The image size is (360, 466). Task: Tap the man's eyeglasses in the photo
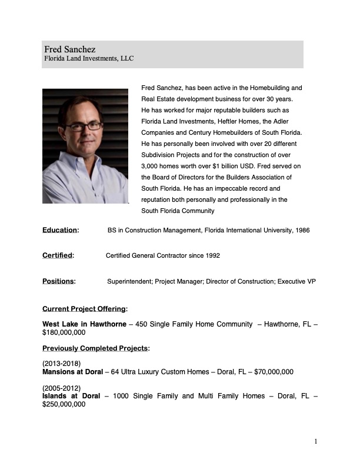pyautogui.click(x=83, y=125)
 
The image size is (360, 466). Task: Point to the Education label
pyautogui.click(x=60, y=230)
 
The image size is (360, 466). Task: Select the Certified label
pyautogui.click(x=58, y=255)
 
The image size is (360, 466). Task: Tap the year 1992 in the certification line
pyautogui.click(x=212, y=255)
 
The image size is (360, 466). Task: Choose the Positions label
pyautogui.click(x=59, y=281)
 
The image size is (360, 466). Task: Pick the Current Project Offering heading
pyautogui.click(x=85, y=308)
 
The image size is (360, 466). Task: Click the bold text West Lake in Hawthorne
pyautogui.click(x=84, y=324)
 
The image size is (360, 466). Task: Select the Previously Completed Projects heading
pyautogui.click(x=96, y=348)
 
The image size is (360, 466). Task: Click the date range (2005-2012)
pyautogui.click(x=62, y=388)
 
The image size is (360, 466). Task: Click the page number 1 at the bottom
pyautogui.click(x=316, y=441)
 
